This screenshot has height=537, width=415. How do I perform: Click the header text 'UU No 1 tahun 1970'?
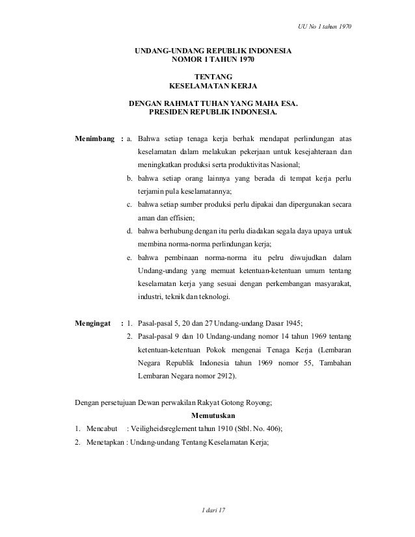coord(323,27)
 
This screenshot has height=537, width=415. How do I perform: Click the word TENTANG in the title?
coord(213,77)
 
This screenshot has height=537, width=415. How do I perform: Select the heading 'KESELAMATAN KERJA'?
coord(213,86)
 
